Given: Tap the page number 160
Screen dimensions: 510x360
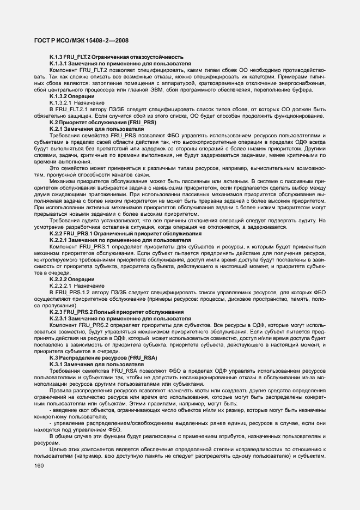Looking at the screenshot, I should click(39, 465).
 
